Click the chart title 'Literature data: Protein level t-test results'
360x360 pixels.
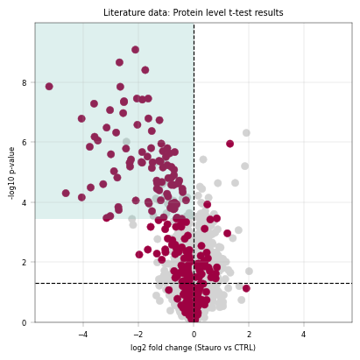click(x=194, y=12)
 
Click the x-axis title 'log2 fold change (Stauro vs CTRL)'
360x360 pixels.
click(x=193, y=348)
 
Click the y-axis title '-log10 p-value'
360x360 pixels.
click(x=11, y=173)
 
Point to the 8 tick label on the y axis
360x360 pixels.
click(x=24, y=83)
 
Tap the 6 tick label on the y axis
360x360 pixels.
click(x=24, y=142)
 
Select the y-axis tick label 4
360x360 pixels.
click(x=24, y=202)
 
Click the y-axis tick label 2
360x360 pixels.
click(x=24, y=262)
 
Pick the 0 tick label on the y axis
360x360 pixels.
click(x=24, y=322)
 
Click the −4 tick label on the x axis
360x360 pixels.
click(x=83, y=335)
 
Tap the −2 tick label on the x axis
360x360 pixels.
click(x=138, y=335)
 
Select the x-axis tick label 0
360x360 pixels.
click(x=194, y=335)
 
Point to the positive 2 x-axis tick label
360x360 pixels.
click(x=249, y=335)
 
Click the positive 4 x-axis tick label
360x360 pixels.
click(x=304, y=335)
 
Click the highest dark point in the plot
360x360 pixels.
click(x=135, y=50)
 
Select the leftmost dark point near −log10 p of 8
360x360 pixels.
click(x=49, y=87)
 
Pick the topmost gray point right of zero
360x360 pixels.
click(x=246, y=133)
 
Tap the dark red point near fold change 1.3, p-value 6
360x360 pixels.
click(x=229, y=144)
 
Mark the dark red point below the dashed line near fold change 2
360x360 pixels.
click(x=246, y=288)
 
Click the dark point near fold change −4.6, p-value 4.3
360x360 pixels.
click(x=66, y=193)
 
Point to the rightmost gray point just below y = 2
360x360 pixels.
click(x=249, y=272)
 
